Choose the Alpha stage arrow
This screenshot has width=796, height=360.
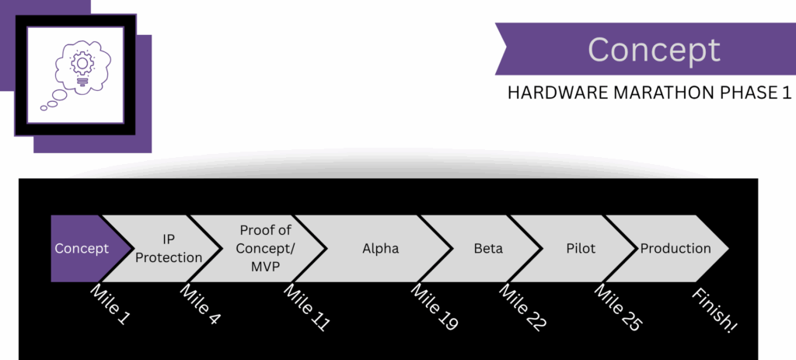381,249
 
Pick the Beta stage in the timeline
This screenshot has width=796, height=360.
488,249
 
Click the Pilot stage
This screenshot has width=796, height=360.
581,249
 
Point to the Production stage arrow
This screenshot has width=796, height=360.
675,249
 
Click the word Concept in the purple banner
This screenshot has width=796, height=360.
654,50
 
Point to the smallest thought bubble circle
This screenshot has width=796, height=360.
44,107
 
